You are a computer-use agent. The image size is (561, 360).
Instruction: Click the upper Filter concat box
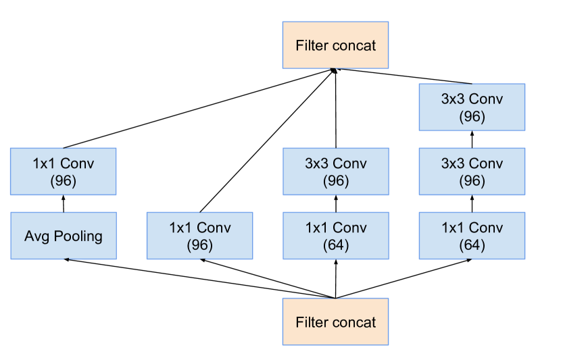[335, 46]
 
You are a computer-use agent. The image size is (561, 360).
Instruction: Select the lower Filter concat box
[335, 322]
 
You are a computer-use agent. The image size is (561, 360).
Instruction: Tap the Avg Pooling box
[64, 236]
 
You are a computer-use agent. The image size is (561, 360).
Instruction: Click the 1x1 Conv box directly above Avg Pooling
[64, 172]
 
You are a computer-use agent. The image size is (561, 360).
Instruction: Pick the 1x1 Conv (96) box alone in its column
[199, 236]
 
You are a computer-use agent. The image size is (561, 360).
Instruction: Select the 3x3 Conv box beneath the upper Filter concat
[335, 172]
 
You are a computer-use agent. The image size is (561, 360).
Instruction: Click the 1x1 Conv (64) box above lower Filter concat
[335, 236]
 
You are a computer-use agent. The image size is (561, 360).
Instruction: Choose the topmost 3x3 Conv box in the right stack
[472, 107]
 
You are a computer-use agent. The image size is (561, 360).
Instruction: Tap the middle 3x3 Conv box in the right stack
[472, 172]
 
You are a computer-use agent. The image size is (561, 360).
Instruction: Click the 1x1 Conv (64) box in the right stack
[472, 236]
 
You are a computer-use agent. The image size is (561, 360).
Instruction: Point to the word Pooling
[78, 236]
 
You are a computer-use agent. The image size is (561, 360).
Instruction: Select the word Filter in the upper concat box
[312, 46]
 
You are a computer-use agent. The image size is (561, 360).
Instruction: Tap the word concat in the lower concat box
[354, 322]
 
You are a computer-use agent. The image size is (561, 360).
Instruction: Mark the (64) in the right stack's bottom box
[472, 245]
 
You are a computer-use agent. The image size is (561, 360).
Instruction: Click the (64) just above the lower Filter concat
[335, 245]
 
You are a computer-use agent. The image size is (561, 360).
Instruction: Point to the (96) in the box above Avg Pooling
[64, 181]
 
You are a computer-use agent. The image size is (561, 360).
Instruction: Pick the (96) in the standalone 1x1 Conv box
[199, 245]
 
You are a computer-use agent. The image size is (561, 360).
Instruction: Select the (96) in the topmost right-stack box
[472, 116]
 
